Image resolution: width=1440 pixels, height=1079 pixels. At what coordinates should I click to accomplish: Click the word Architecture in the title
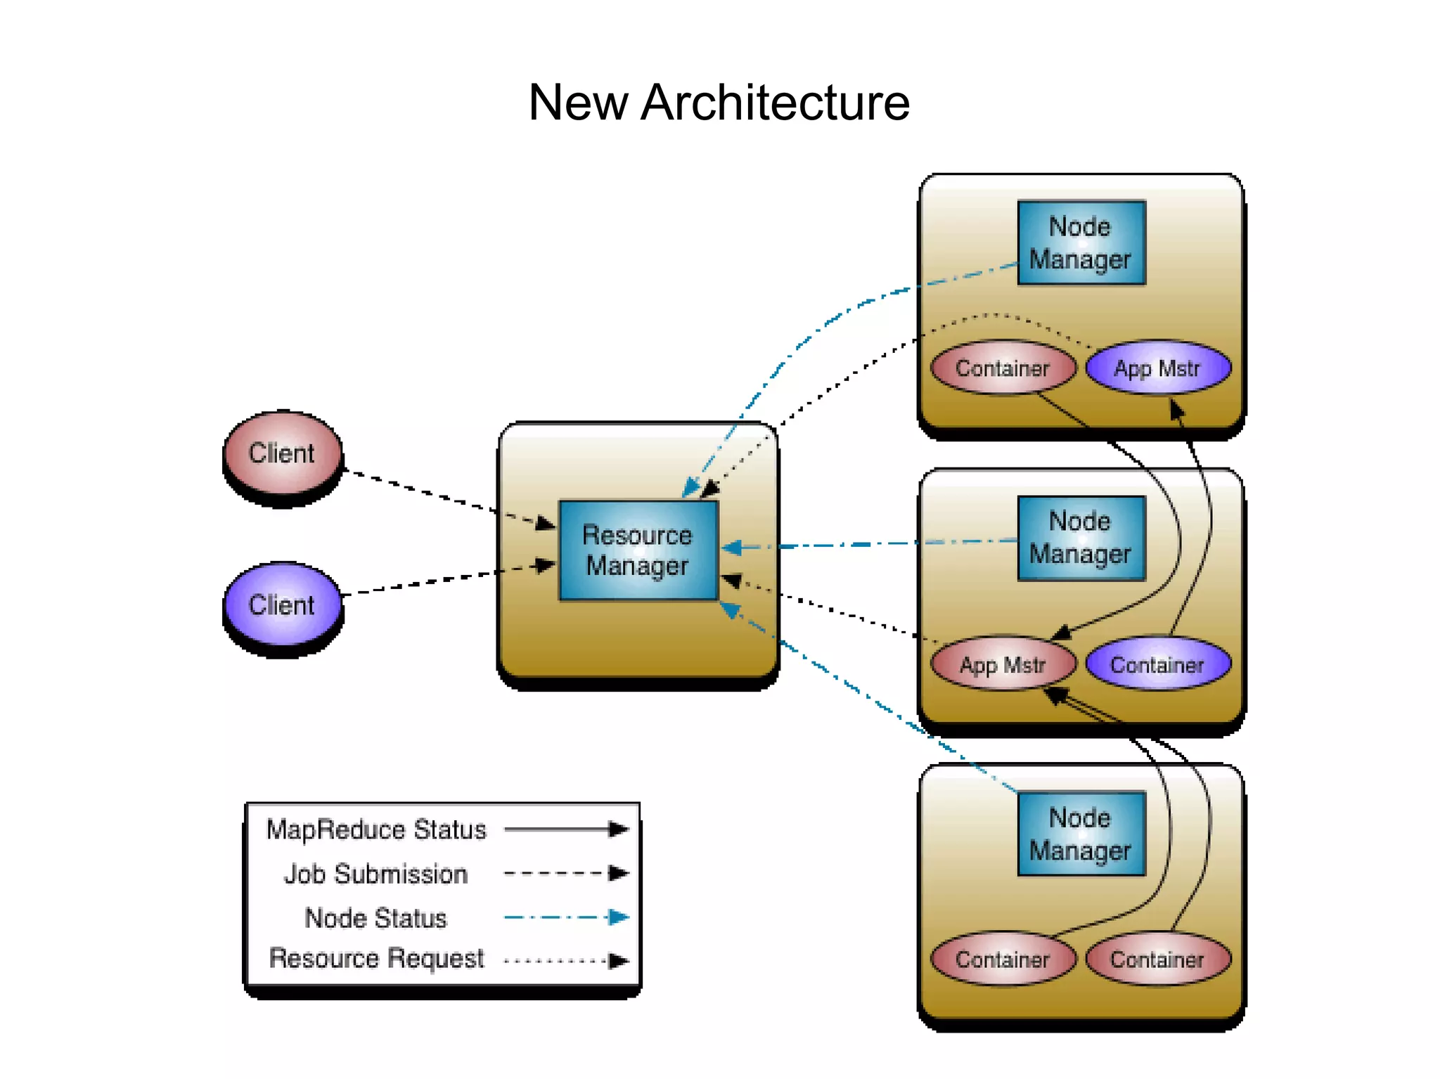775,103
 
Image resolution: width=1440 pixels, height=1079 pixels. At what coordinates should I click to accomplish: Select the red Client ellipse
282,453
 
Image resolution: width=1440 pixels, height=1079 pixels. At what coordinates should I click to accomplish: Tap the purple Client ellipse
282,605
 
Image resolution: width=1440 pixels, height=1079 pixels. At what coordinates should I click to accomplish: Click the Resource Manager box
638,550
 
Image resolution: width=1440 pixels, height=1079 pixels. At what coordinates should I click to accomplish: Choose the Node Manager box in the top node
1081,243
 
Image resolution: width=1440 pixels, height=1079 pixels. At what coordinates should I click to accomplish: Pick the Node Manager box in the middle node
1081,538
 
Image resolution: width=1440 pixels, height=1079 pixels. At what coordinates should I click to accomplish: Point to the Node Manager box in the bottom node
1081,834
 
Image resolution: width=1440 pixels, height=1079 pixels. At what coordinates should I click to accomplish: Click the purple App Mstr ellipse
1157,368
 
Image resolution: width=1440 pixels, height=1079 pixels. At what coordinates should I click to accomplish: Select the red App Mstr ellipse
1003,664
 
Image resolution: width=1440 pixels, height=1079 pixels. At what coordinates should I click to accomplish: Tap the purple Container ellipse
1157,664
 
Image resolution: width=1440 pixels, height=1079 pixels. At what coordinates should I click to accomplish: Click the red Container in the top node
1003,368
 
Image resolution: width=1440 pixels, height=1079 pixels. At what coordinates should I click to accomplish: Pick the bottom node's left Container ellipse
1003,960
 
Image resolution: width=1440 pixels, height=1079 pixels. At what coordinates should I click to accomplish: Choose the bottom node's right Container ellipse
1157,960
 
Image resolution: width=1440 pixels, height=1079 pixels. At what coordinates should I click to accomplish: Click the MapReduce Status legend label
376,830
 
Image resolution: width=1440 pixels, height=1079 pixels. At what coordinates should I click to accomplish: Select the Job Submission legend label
376,874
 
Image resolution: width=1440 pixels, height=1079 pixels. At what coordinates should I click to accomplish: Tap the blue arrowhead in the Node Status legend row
618,917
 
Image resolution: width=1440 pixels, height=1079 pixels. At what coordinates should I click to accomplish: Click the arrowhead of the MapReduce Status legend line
618,829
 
